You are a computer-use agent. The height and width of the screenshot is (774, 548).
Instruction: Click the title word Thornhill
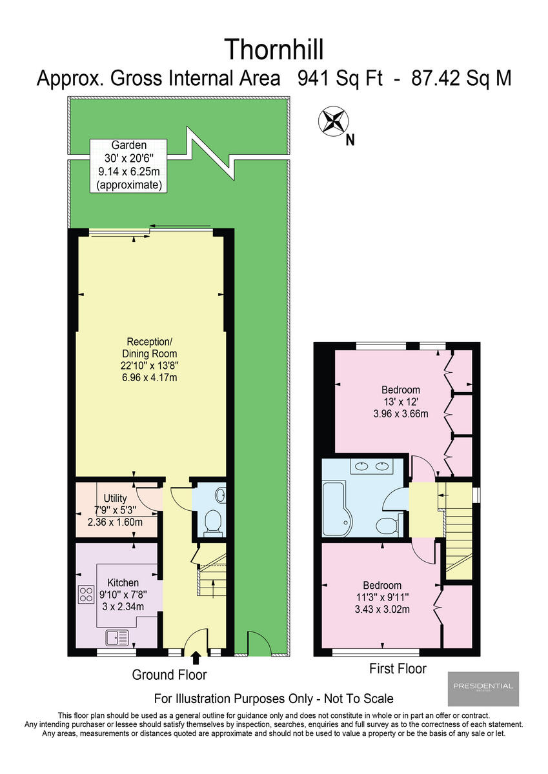click(x=274, y=49)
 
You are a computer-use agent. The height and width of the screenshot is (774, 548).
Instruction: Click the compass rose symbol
click(x=333, y=121)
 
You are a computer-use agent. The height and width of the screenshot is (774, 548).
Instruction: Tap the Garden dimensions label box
click(x=128, y=165)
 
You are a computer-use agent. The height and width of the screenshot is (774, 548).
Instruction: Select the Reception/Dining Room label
click(x=149, y=359)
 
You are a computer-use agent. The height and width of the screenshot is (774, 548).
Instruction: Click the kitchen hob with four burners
click(x=86, y=595)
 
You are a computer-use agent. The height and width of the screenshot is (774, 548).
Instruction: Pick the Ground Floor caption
click(x=169, y=675)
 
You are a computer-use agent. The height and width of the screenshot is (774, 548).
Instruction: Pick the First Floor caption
click(x=398, y=668)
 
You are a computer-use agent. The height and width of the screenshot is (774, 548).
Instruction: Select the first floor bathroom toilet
click(x=386, y=526)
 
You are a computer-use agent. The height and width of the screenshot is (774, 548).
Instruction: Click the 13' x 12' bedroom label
click(x=400, y=401)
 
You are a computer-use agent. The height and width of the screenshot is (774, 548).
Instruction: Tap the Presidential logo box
click(x=483, y=688)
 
